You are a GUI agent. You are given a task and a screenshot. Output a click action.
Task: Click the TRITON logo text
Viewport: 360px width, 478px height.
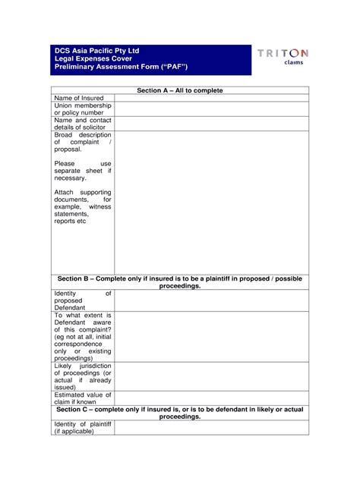point(283,53)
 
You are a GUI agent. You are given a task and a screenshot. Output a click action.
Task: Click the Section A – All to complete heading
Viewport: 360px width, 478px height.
point(180,90)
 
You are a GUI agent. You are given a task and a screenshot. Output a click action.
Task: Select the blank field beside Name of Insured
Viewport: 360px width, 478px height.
point(211,99)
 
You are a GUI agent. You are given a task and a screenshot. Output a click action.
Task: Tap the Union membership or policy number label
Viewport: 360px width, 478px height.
point(83,110)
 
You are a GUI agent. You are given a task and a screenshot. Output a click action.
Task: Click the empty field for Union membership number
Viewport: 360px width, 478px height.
point(211,110)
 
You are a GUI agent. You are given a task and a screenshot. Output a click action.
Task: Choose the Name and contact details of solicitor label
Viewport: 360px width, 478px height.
point(83,124)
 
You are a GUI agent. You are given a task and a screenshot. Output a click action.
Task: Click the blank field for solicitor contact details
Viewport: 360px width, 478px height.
point(211,124)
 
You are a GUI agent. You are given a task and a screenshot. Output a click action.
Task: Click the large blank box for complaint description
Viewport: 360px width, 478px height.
point(211,202)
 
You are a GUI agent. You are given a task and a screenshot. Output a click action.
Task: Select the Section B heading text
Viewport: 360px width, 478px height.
point(180,282)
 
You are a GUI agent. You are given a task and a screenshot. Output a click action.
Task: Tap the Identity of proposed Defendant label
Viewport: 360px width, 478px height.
point(83,300)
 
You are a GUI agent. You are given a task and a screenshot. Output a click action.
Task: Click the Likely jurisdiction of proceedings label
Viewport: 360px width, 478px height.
point(83,377)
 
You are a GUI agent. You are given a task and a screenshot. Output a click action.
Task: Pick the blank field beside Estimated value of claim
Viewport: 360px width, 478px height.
point(211,398)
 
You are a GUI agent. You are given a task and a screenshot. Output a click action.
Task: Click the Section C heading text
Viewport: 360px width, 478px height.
point(180,413)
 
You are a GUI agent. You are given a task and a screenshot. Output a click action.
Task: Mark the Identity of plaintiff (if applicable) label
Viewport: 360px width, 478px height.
point(83,428)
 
